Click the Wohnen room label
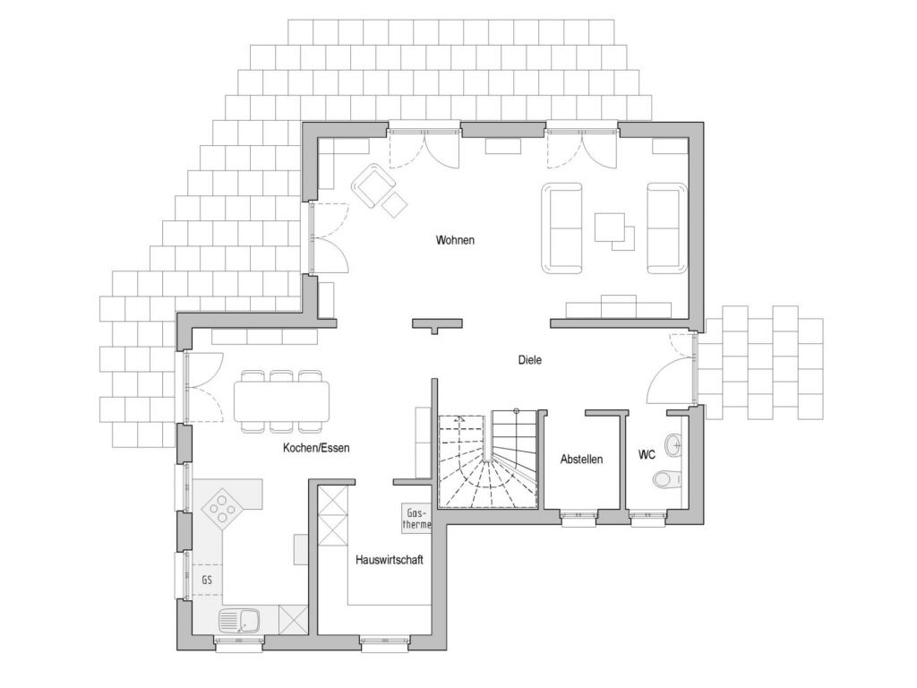tap(455, 240)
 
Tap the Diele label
tap(530, 360)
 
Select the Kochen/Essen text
tap(316, 448)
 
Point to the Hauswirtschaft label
tap(390, 560)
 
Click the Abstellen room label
tap(581, 460)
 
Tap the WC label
tap(647, 454)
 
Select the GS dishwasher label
tap(207, 580)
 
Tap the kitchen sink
tap(239, 621)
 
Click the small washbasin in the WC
tap(674, 444)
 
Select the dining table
tap(281, 401)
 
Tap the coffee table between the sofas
tap(614, 232)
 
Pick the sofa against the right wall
tap(666, 228)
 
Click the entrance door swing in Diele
tap(670, 368)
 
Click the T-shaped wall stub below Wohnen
tap(437, 323)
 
